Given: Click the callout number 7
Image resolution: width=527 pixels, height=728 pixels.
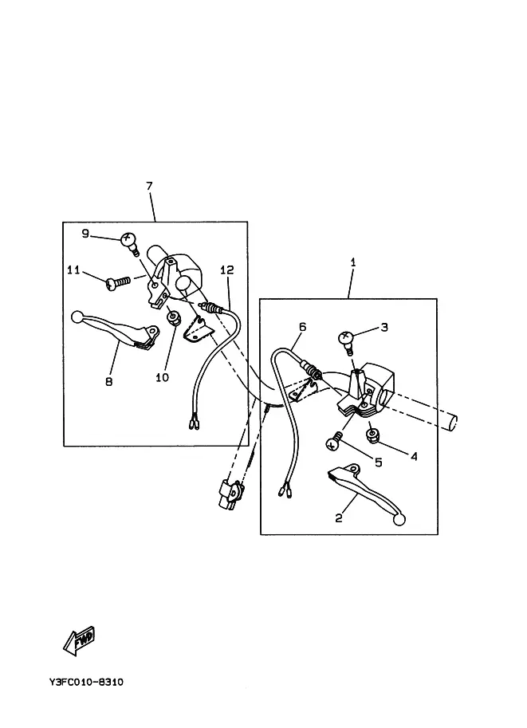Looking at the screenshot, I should [149, 186].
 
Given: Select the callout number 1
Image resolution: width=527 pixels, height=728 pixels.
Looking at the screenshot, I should [353, 262].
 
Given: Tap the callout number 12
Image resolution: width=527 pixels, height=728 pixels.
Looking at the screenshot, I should [227, 270].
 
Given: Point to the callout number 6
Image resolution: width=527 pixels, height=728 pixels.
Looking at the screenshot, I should [303, 326].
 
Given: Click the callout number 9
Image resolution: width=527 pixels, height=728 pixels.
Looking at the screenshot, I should [86, 233].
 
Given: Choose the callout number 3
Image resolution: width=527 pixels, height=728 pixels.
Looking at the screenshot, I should [383, 327].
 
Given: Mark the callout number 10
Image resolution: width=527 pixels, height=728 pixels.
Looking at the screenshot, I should [162, 377].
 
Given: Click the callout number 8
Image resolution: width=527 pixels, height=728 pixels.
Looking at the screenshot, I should [109, 381].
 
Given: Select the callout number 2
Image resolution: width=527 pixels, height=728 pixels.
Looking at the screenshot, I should [339, 517].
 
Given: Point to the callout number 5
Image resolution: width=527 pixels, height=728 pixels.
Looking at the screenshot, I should [379, 462].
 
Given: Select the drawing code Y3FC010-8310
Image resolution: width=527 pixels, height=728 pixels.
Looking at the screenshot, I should [85, 683].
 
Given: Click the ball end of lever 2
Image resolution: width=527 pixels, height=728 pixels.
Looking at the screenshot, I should [399, 520].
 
